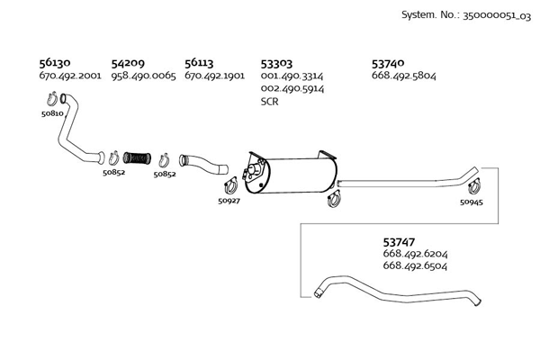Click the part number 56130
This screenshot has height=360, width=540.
55,64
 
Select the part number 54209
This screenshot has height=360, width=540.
128,64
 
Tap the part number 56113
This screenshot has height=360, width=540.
200,64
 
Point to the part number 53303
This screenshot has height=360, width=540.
276,64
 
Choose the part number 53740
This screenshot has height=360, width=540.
388,64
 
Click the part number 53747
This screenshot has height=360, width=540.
399,242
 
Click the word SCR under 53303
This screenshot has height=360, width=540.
269,102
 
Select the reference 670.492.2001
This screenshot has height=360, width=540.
70,76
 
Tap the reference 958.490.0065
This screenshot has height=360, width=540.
143,76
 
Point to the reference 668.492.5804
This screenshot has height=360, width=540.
404,76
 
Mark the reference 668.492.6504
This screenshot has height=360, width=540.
415,266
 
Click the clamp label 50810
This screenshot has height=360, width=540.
52,114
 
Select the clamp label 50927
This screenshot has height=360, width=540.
229,201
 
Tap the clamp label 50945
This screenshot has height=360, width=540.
471,202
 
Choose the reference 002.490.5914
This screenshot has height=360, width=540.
292,89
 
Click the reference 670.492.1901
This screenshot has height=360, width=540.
215,76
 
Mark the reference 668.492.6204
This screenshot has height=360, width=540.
415,255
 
